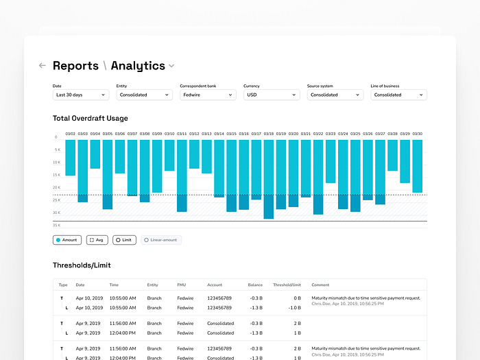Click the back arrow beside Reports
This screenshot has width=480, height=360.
click(43, 66)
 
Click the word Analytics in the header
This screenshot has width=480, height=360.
click(138, 66)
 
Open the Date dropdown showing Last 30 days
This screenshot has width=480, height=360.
click(81, 95)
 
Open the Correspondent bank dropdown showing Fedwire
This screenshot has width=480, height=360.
click(208, 95)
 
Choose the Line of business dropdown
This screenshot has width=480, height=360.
click(398, 95)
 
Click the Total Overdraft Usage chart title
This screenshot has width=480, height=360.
click(91, 119)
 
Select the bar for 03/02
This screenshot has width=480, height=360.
click(70, 158)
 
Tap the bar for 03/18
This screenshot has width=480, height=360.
click(269, 178)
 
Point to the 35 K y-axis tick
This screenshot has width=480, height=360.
click(56, 225)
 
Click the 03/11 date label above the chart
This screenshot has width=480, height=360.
click(182, 134)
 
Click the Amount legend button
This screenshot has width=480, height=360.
click(67, 240)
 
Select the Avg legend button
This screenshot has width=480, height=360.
click(97, 240)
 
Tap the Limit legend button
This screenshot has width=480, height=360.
click(124, 240)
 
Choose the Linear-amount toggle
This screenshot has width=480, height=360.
click(161, 240)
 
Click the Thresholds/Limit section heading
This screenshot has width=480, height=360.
click(82, 265)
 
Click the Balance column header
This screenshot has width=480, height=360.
click(255, 285)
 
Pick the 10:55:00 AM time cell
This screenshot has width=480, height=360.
click(123, 298)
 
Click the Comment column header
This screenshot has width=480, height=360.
click(320, 285)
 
